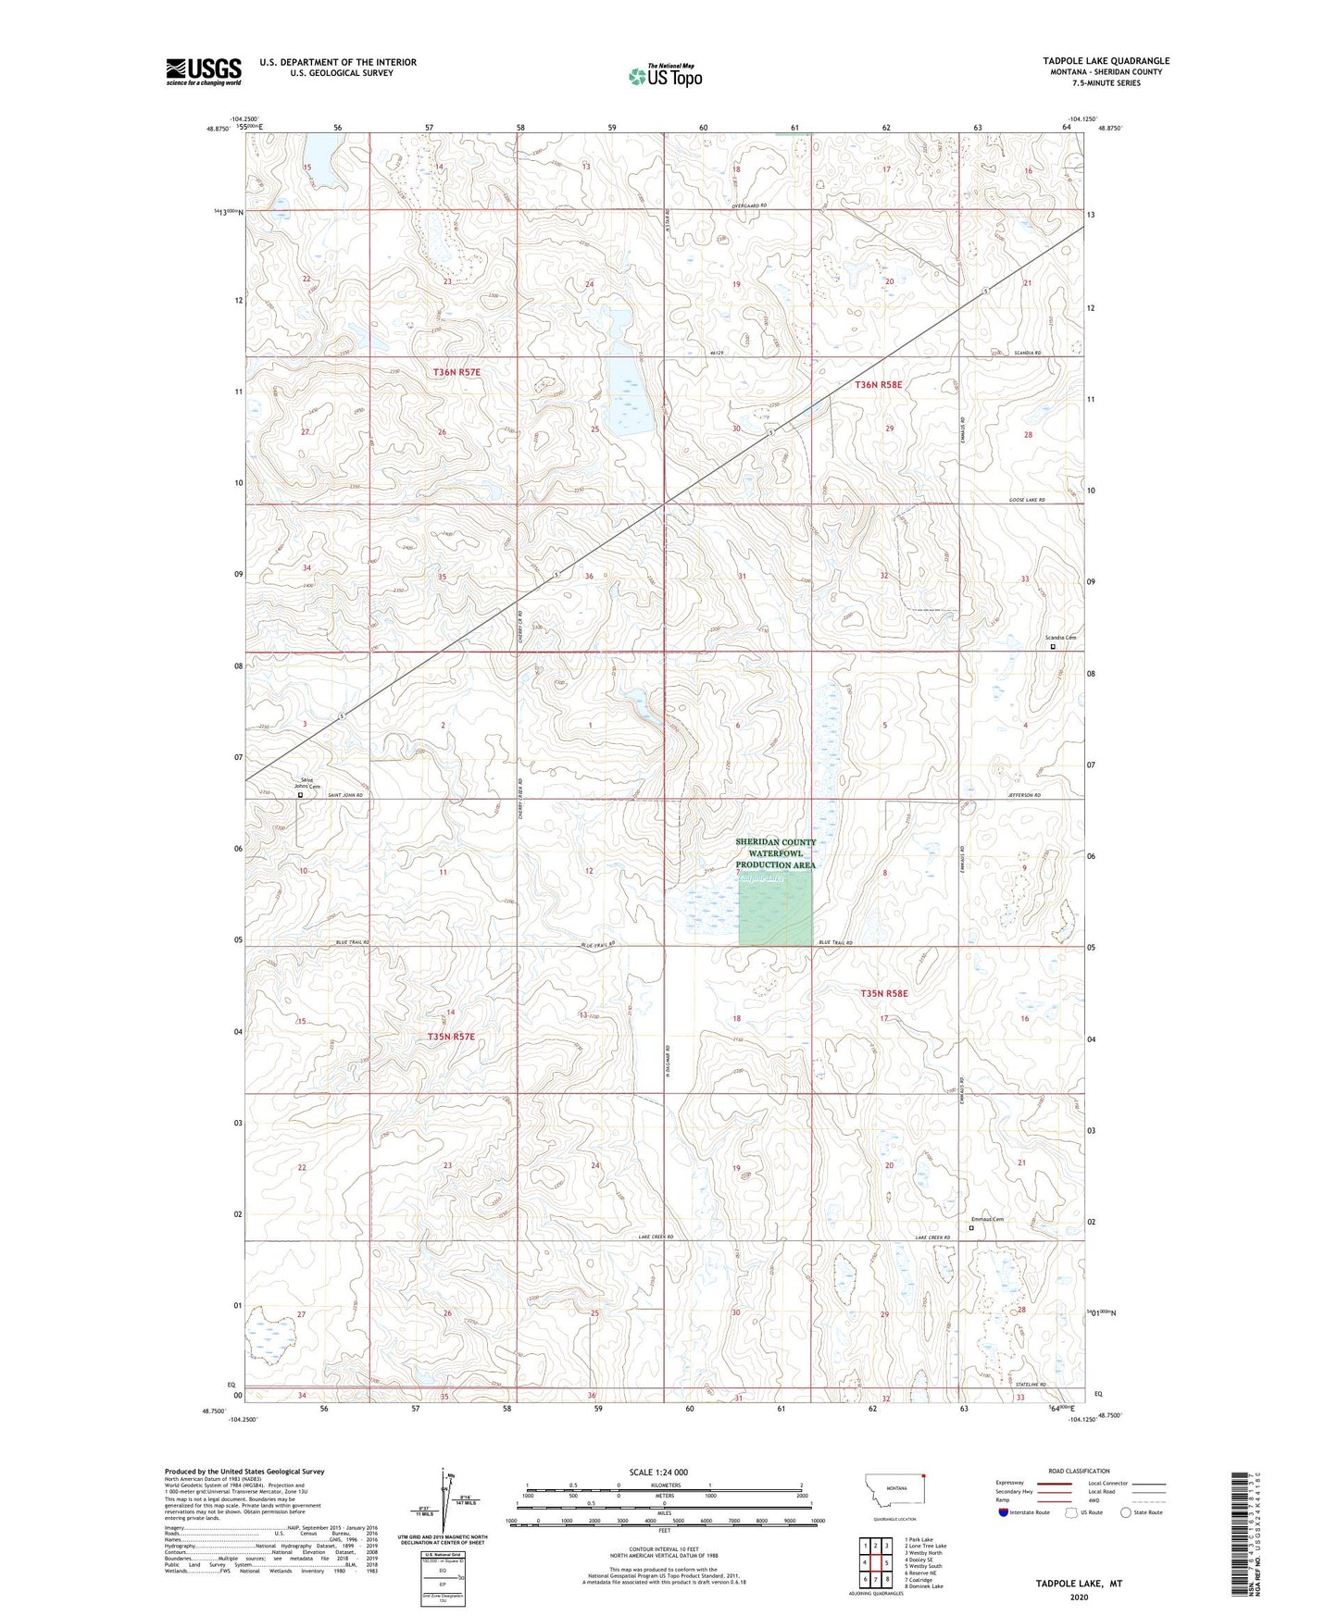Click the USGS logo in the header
(204, 71)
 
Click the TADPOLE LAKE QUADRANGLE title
(1106, 61)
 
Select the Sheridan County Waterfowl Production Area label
(776, 853)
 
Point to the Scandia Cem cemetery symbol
(1053, 647)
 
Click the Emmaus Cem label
(987, 1219)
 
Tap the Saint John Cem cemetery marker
(300, 794)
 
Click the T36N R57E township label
(457, 372)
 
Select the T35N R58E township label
(884, 993)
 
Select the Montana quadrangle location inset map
(894, 1492)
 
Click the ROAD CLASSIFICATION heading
(1079, 1471)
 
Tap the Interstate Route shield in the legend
(1006, 1512)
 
